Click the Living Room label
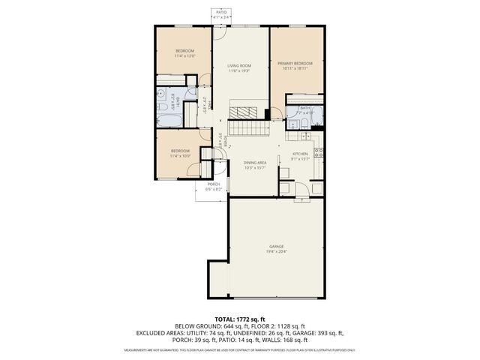point(239,66)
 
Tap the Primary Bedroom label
point(295,63)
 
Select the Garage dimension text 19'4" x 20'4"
point(277,252)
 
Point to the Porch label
point(214,184)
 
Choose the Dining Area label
point(255,162)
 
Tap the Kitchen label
point(299,154)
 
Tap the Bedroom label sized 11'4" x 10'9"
point(180,151)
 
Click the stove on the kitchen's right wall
point(318,154)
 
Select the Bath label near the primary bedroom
point(305,107)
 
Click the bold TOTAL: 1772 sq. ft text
point(240,319)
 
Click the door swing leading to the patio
point(218,33)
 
